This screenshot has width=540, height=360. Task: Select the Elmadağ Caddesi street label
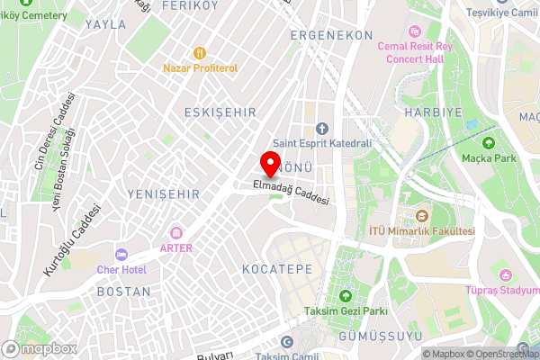tap(291, 191)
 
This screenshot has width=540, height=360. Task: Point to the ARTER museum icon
tap(175, 234)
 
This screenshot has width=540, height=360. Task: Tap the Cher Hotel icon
tap(121, 255)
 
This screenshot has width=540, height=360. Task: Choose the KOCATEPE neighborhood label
tap(277, 269)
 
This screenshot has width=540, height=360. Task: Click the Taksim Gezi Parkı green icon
tap(346, 296)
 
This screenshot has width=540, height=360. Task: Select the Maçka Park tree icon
tap(489, 142)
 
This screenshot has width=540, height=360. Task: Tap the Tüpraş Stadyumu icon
tap(505, 274)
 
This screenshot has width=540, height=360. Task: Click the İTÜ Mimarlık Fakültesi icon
tap(422, 216)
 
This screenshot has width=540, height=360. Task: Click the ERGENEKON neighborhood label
tap(331, 35)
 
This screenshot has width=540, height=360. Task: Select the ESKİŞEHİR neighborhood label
tap(220, 112)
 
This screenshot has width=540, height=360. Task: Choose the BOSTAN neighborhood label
tap(123, 292)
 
